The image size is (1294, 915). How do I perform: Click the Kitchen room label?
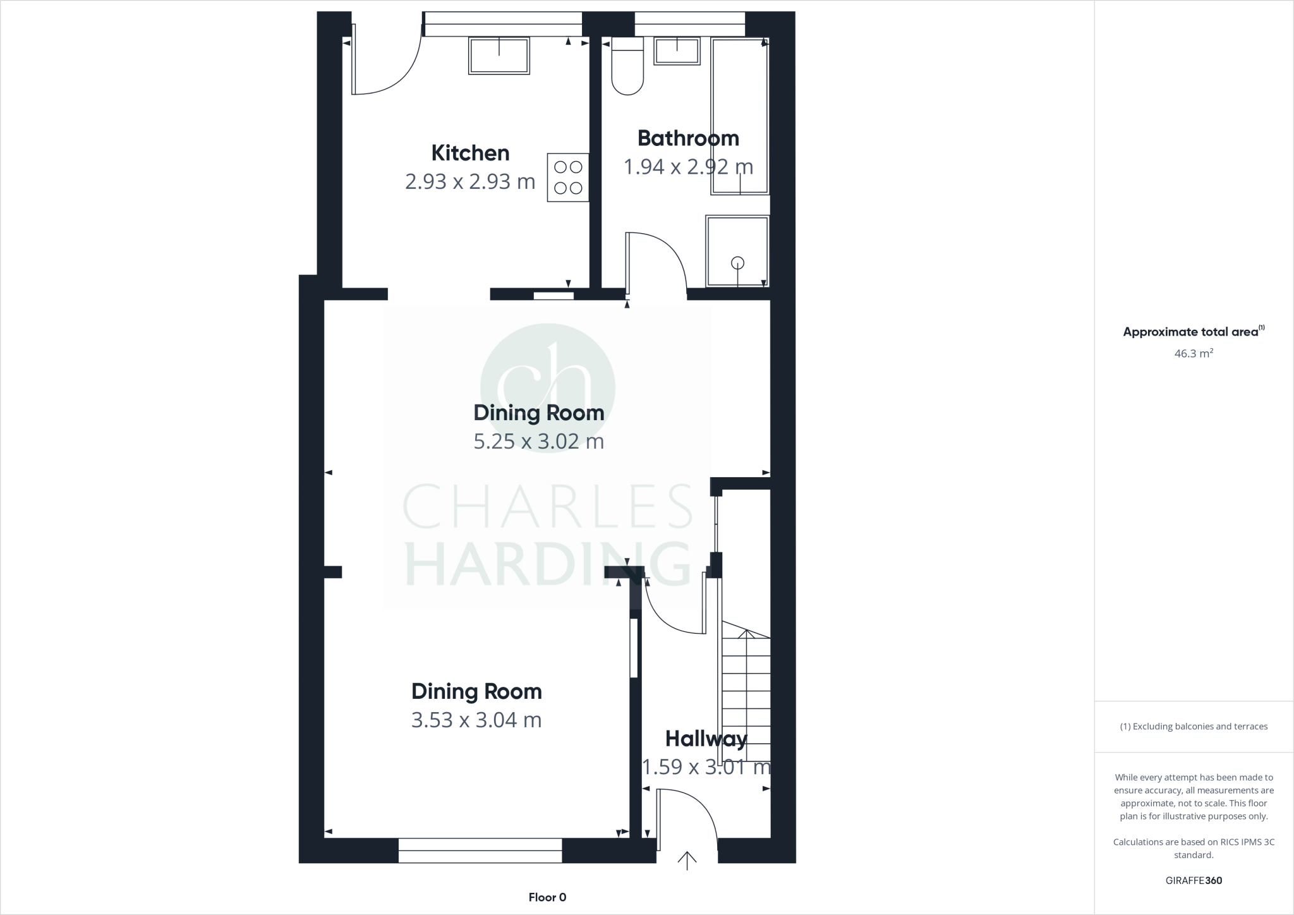tap(470, 153)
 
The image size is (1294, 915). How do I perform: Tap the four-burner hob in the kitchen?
tap(567, 178)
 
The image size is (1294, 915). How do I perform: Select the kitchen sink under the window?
tap(499, 56)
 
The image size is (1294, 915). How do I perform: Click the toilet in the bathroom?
tap(627, 70)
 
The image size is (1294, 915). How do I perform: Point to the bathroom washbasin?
tap(677, 51)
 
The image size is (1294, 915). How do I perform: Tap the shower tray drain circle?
tap(737, 263)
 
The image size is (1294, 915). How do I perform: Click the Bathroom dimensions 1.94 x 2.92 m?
tap(688, 167)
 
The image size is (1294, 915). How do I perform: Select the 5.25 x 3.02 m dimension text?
tap(538, 441)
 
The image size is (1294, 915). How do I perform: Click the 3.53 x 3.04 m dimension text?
tap(476, 720)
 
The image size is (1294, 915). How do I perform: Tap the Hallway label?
tap(706, 738)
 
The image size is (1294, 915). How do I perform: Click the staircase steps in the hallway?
tap(746, 695)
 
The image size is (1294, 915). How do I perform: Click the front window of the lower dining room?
tap(480, 851)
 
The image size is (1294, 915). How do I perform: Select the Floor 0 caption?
tap(547, 897)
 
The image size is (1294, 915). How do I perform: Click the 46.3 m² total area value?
tap(1193, 353)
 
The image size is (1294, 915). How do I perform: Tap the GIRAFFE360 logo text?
tap(1194, 880)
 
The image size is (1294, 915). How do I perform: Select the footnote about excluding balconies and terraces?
tap(1194, 727)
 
